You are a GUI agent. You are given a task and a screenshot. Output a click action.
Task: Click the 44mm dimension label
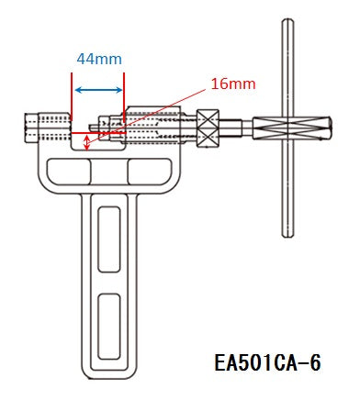99,59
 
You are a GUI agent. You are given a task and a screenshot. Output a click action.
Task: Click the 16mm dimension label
233,83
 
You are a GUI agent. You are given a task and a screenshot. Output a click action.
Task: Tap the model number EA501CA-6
267,363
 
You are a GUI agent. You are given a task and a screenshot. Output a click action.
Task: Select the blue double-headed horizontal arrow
98,90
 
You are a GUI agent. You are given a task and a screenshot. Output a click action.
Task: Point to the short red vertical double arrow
87,142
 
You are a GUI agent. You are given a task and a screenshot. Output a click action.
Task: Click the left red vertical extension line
72,96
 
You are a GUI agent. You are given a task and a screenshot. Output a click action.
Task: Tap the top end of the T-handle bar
287,20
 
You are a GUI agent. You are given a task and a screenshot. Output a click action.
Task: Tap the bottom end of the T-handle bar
287,235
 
